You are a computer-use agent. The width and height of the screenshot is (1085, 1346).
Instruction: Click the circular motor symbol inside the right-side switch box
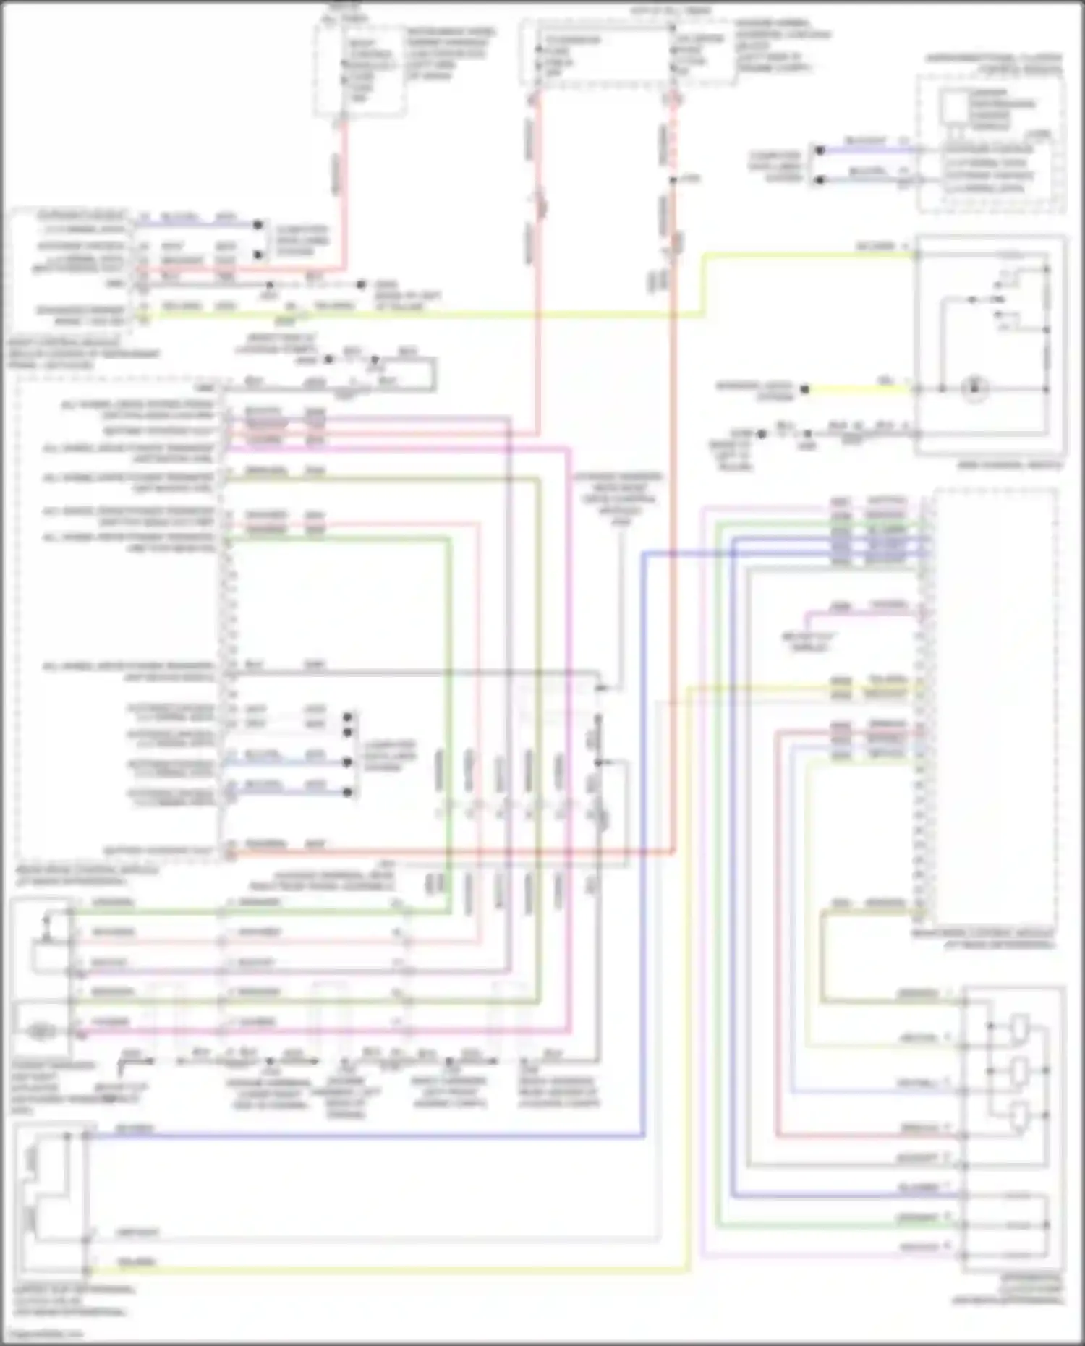click(x=974, y=388)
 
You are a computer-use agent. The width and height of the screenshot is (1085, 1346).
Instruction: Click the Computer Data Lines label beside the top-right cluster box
click(x=775, y=166)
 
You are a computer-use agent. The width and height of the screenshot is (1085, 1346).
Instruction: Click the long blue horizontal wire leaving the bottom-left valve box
click(x=362, y=1136)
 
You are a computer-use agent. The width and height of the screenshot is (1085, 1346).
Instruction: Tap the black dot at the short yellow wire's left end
click(x=804, y=389)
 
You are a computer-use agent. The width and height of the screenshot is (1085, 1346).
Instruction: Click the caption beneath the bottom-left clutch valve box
click(x=72, y=1300)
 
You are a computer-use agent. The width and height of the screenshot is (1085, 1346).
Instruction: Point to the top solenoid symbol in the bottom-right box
click(x=1019, y=1026)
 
